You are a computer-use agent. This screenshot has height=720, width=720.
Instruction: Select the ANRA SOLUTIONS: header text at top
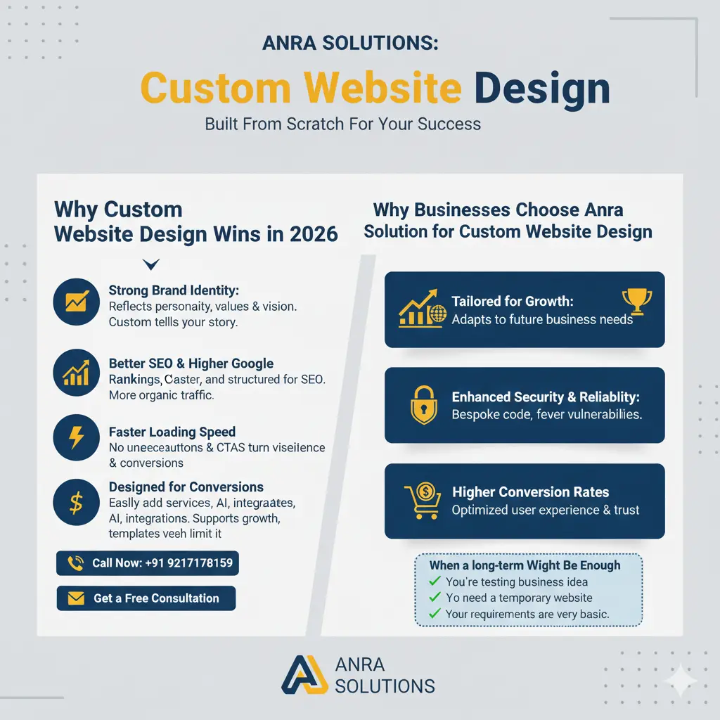[349, 43]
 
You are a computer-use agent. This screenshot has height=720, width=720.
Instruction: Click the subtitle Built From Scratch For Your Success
[342, 124]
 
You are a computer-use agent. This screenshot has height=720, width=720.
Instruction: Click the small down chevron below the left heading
[150, 264]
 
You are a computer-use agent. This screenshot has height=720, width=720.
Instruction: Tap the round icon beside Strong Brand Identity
[76, 302]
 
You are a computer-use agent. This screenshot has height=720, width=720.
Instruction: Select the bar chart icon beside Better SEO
[76, 372]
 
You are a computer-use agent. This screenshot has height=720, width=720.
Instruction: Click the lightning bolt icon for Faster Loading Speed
[76, 439]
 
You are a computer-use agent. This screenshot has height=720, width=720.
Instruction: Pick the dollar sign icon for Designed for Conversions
[76, 503]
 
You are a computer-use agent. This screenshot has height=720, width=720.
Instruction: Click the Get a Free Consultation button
[146, 598]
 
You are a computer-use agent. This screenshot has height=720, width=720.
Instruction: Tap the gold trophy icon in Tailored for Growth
[637, 301]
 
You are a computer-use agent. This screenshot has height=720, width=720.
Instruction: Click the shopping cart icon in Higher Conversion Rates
[423, 501]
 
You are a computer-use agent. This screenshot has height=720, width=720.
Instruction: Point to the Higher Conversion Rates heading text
[530, 492]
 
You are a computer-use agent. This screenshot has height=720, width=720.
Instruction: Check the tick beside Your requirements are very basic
[435, 614]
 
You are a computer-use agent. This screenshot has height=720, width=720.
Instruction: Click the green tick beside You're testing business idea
[435, 581]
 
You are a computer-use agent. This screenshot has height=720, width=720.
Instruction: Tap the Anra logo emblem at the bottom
[304, 675]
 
